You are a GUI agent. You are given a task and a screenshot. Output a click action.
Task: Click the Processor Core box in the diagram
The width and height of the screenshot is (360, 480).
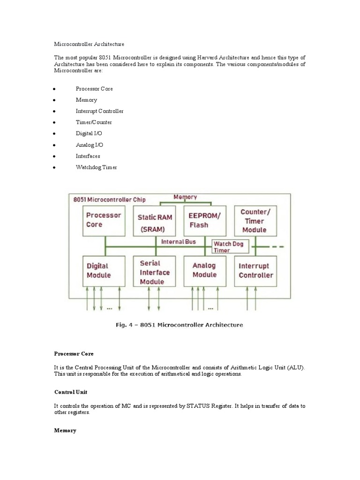pyautogui.click(x=105, y=221)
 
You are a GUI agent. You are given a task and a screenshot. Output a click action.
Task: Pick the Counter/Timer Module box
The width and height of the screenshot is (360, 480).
pyautogui.click(x=255, y=221)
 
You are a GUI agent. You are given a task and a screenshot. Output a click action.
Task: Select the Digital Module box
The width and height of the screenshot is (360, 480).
pyautogui.click(x=104, y=271)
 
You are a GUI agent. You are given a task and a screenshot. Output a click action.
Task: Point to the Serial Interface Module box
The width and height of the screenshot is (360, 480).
pyautogui.click(x=155, y=272)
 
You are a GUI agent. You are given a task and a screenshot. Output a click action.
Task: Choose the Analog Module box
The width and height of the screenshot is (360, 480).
pyautogui.click(x=205, y=271)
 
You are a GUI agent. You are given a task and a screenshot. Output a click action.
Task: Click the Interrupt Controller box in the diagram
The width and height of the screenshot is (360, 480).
pyautogui.click(x=255, y=271)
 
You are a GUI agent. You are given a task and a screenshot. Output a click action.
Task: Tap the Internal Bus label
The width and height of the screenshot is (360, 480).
pyautogui.click(x=179, y=242)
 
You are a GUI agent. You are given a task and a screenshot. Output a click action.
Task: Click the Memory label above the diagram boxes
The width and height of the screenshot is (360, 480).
pyautogui.click(x=185, y=197)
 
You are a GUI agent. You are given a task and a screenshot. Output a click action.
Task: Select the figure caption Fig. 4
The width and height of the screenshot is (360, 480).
pyautogui.click(x=180, y=324)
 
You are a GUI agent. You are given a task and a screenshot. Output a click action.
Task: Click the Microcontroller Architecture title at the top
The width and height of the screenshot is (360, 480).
pyautogui.click(x=89, y=44)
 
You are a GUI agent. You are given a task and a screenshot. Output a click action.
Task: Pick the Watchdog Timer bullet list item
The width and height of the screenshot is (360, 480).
pyautogui.click(x=96, y=167)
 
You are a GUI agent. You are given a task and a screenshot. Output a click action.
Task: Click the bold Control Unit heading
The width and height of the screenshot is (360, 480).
pyautogui.click(x=70, y=391)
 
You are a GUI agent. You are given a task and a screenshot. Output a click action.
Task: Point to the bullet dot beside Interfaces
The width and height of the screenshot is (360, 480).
pyautogui.click(x=55, y=157)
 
